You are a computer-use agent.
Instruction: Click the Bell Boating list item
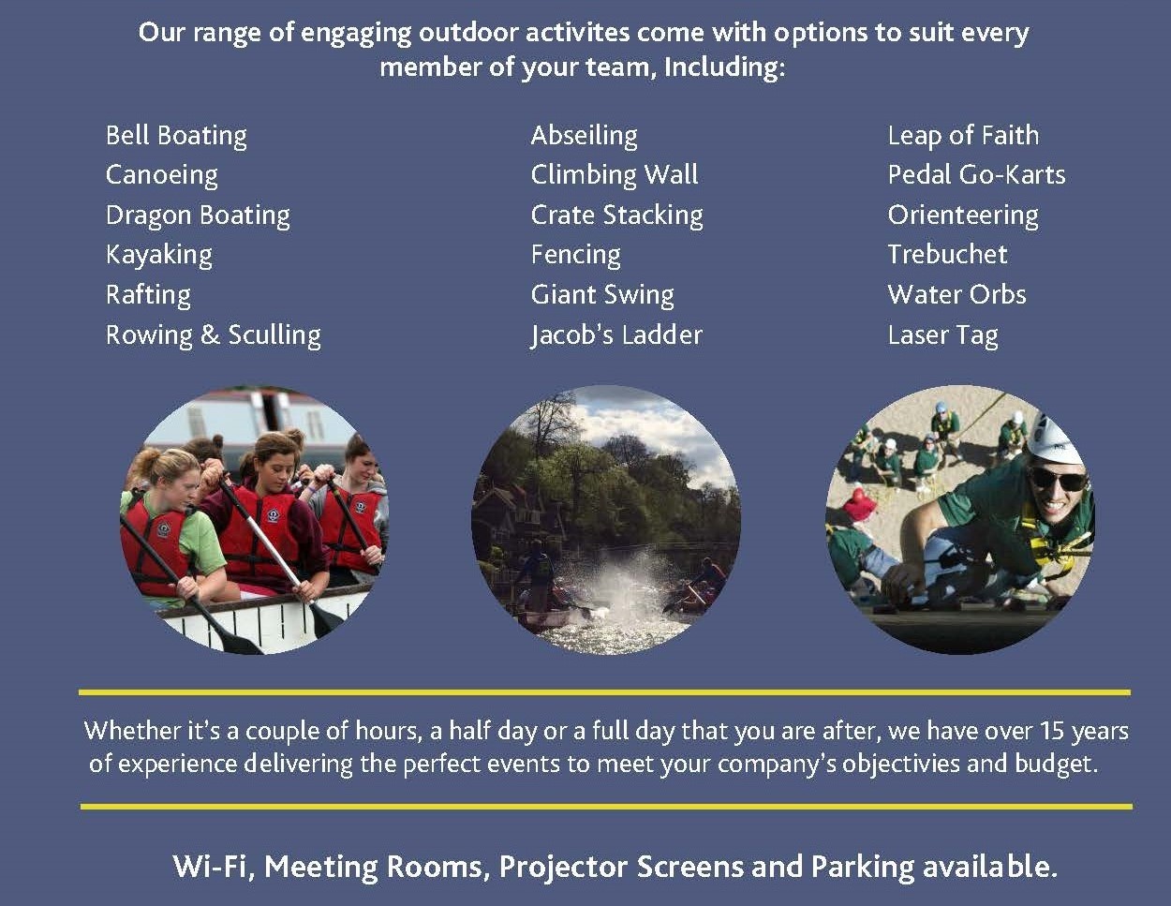(176, 136)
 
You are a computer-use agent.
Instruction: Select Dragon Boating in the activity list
(198, 215)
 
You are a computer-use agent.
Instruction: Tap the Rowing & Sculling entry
(214, 335)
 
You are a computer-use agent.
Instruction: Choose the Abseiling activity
(585, 136)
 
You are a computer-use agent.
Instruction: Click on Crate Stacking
(617, 215)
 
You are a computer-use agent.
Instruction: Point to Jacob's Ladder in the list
(616, 335)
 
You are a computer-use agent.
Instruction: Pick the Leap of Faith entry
(964, 135)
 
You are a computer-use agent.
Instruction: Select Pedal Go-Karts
(976, 174)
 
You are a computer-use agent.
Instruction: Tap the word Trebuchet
(947, 255)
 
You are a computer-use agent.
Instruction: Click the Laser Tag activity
(943, 335)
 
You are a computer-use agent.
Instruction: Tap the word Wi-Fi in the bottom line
(214, 867)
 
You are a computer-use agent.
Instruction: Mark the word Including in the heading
(724, 67)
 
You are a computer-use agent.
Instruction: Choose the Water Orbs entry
(957, 295)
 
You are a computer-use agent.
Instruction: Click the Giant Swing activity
(602, 295)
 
